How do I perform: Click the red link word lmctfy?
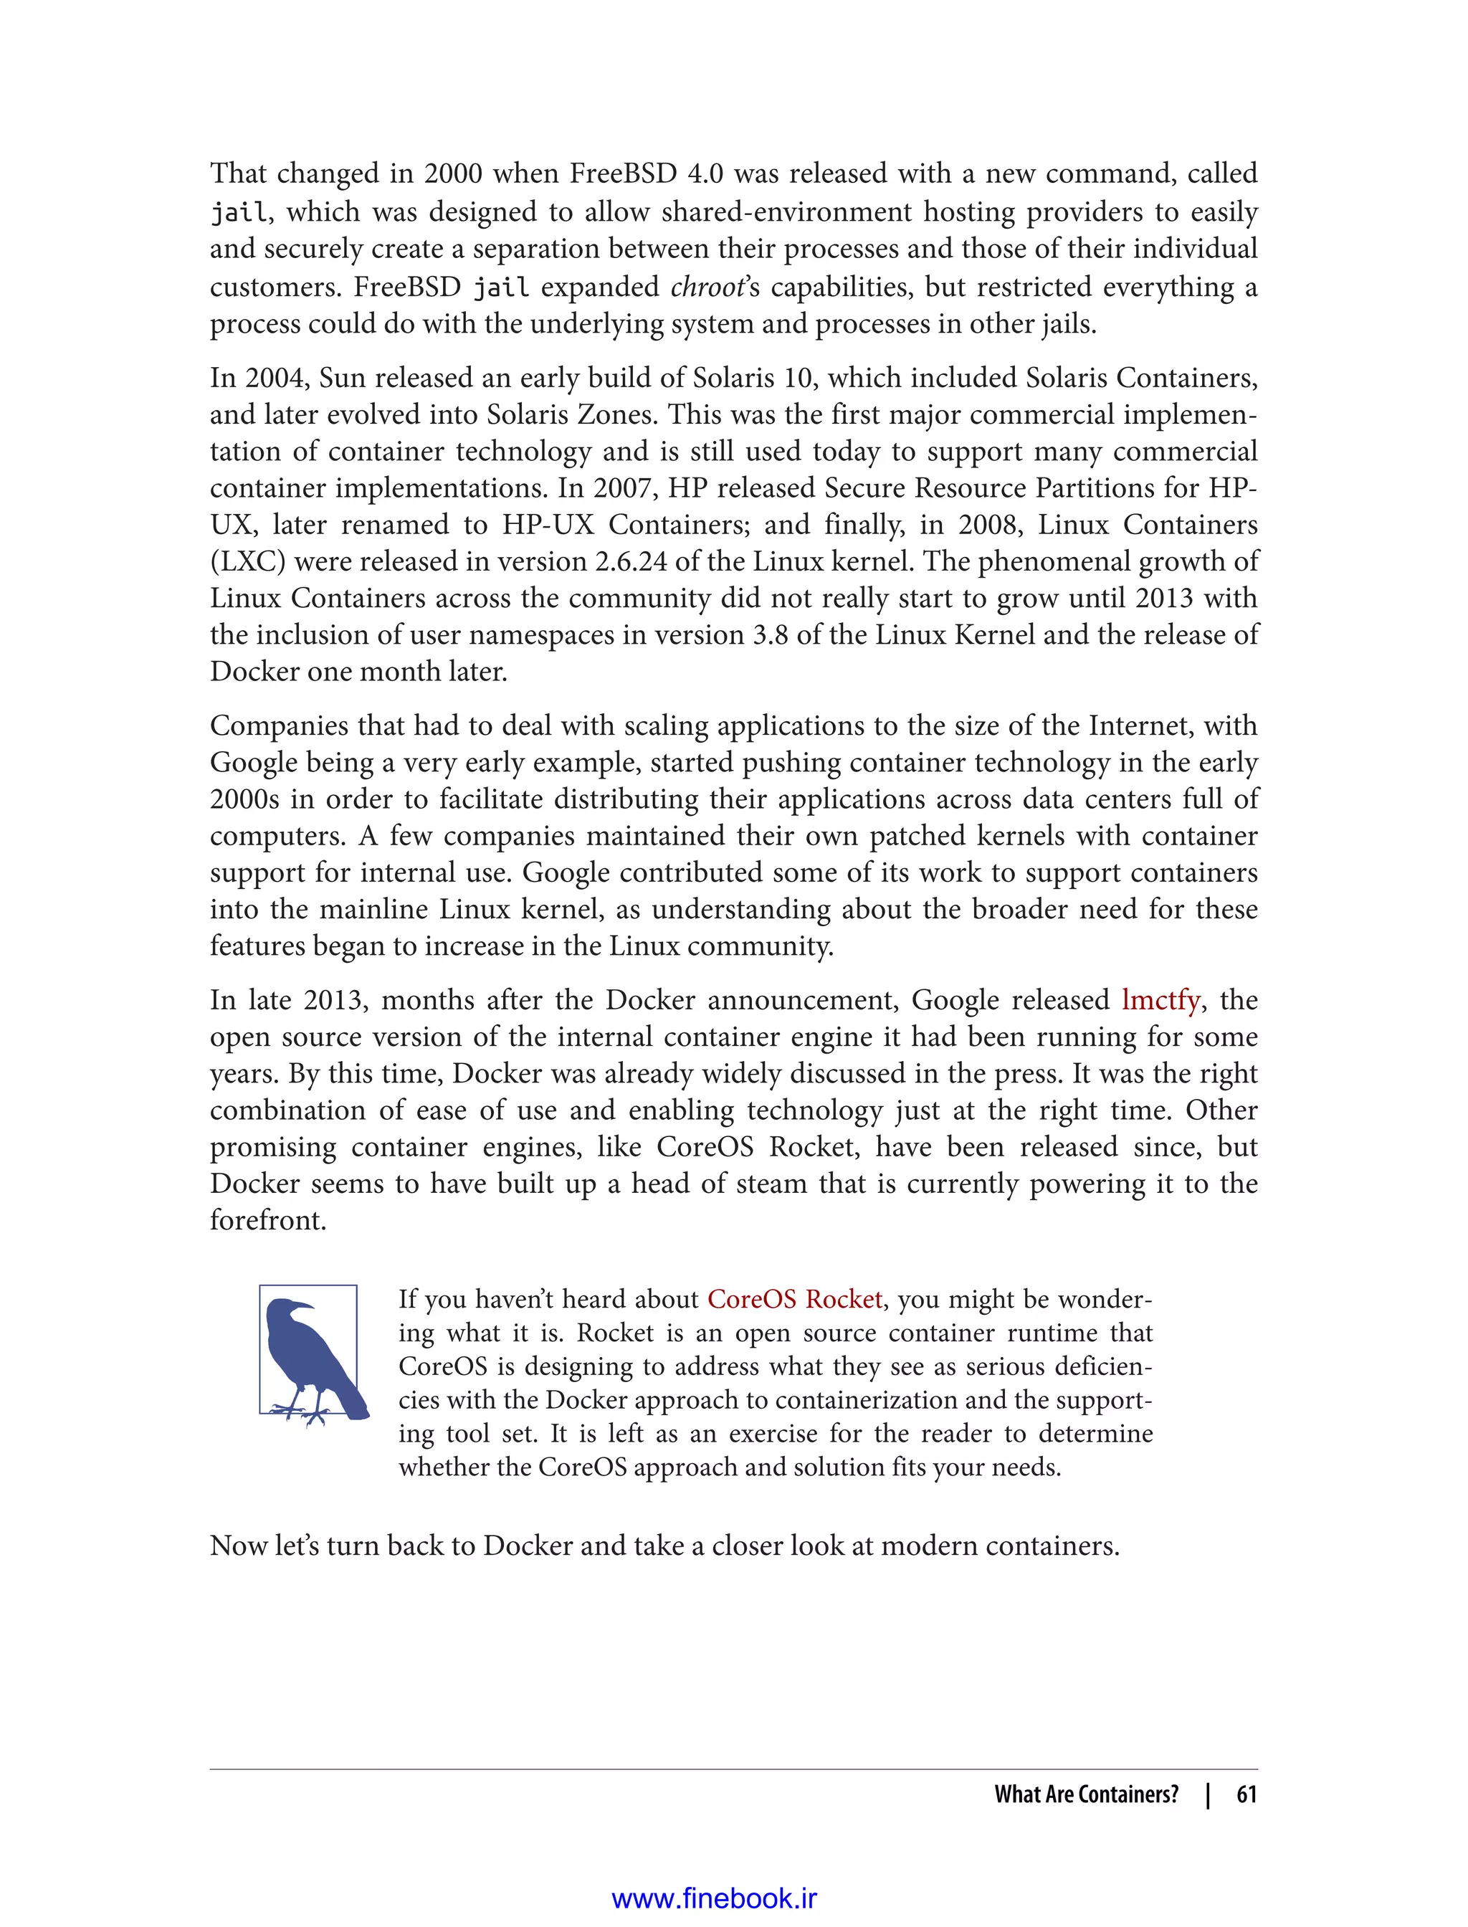point(1160,1000)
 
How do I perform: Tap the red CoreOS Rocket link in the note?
point(794,1300)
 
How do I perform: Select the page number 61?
point(1246,1794)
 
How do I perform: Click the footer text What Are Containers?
point(1086,1794)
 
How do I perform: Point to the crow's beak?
point(303,1305)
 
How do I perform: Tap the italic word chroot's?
point(715,287)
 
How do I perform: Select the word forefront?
point(267,1221)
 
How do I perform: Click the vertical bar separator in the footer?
point(1208,1794)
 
